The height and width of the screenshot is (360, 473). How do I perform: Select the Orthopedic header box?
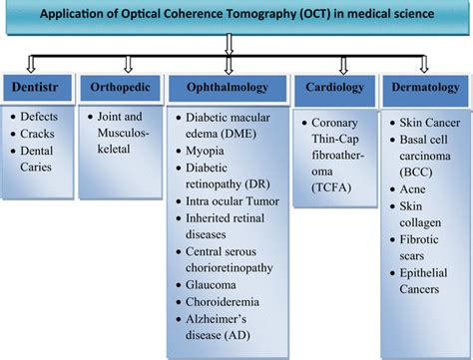coord(118,86)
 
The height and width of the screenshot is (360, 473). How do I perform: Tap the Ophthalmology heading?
coord(229,86)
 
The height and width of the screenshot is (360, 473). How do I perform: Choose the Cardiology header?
coord(336,86)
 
